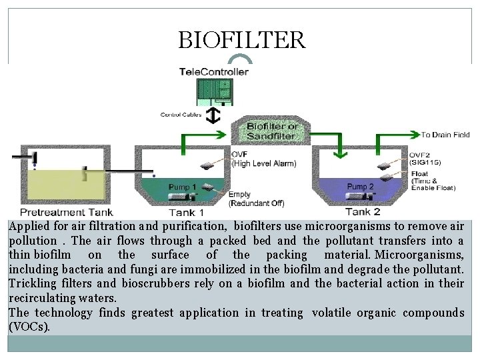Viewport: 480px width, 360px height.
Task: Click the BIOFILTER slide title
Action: pos(241,40)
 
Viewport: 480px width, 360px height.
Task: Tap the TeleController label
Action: pos(214,71)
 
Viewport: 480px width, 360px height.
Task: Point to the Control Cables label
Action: pos(181,115)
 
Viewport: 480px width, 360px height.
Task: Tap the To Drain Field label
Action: pos(445,135)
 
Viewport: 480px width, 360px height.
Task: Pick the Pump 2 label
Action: pos(360,187)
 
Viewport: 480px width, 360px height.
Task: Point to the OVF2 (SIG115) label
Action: pos(425,159)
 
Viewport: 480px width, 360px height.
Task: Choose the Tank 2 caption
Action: pos(363,212)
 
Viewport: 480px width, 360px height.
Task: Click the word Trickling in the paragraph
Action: pos(32,283)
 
